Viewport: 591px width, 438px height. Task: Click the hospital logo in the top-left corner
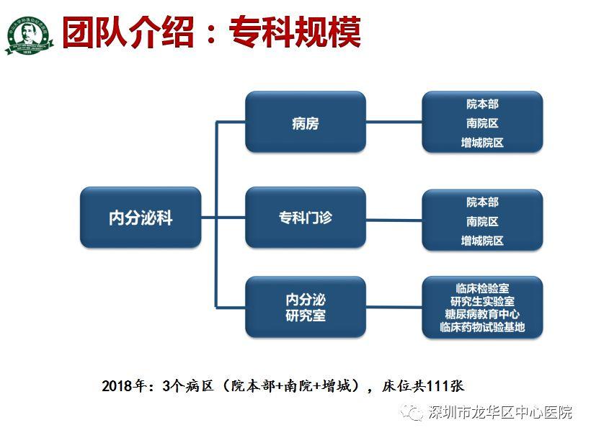[x=30, y=35]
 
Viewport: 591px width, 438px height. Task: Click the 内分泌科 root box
[x=141, y=218]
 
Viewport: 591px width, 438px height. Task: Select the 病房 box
[x=305, y=122]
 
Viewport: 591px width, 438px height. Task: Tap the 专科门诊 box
[x=305, y=218]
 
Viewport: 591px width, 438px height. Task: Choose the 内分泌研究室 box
[x=305, y=307]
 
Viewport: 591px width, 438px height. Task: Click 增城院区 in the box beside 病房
[x=482, y=143]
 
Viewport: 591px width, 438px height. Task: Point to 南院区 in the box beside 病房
[x=482, y=123]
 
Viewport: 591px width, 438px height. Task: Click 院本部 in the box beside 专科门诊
[x=482, y=202]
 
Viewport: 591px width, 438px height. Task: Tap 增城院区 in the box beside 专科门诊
[x=482, y=241]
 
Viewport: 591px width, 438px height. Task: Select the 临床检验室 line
[x=482, y=288]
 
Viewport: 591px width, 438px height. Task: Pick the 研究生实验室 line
[x=482, y=301]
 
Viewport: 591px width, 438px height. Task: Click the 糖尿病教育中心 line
[x=482, y=314]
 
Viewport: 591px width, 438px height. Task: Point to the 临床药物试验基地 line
[x=482, y=327]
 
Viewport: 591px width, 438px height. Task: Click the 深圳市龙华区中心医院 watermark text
[x=499, y=413]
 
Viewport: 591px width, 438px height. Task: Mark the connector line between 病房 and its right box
[x=394, y=122]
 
